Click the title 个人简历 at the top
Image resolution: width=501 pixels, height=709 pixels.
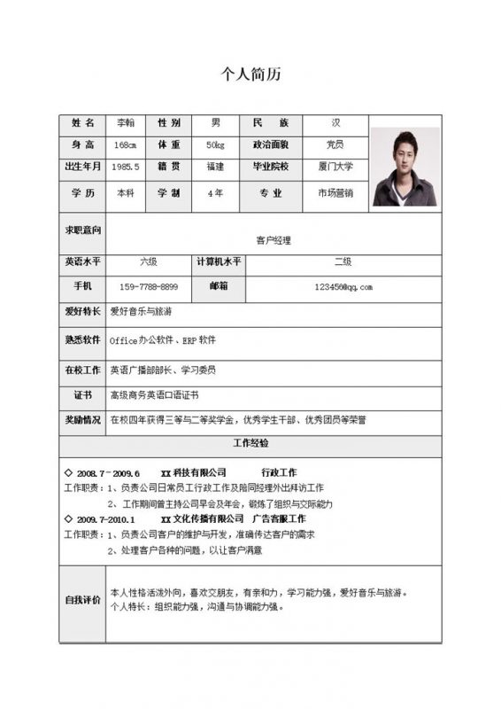coord(250,74)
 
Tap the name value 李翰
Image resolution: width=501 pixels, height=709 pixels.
coord(126,122)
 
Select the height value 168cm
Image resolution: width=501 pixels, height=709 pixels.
coord(126,144)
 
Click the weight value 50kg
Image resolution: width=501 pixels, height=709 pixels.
coord(215,144)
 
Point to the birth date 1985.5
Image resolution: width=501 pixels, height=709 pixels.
coord(126,167)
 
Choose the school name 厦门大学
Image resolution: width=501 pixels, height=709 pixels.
coord(335,167)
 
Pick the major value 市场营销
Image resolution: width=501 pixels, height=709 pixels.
coord(335,193)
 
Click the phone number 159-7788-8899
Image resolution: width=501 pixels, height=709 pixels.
coord(149,287)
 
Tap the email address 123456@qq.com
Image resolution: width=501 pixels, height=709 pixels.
coord(343,287)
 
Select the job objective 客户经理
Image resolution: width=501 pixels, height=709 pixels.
coord(273,240)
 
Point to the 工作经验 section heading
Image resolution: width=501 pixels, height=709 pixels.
coord(250,442)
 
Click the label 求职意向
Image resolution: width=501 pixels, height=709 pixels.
coord(82,230)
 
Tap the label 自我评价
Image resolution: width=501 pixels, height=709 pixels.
coord(82,600)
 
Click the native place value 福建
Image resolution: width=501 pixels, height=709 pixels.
coord(215,167)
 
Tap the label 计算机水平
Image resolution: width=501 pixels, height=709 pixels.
coord(219,262)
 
